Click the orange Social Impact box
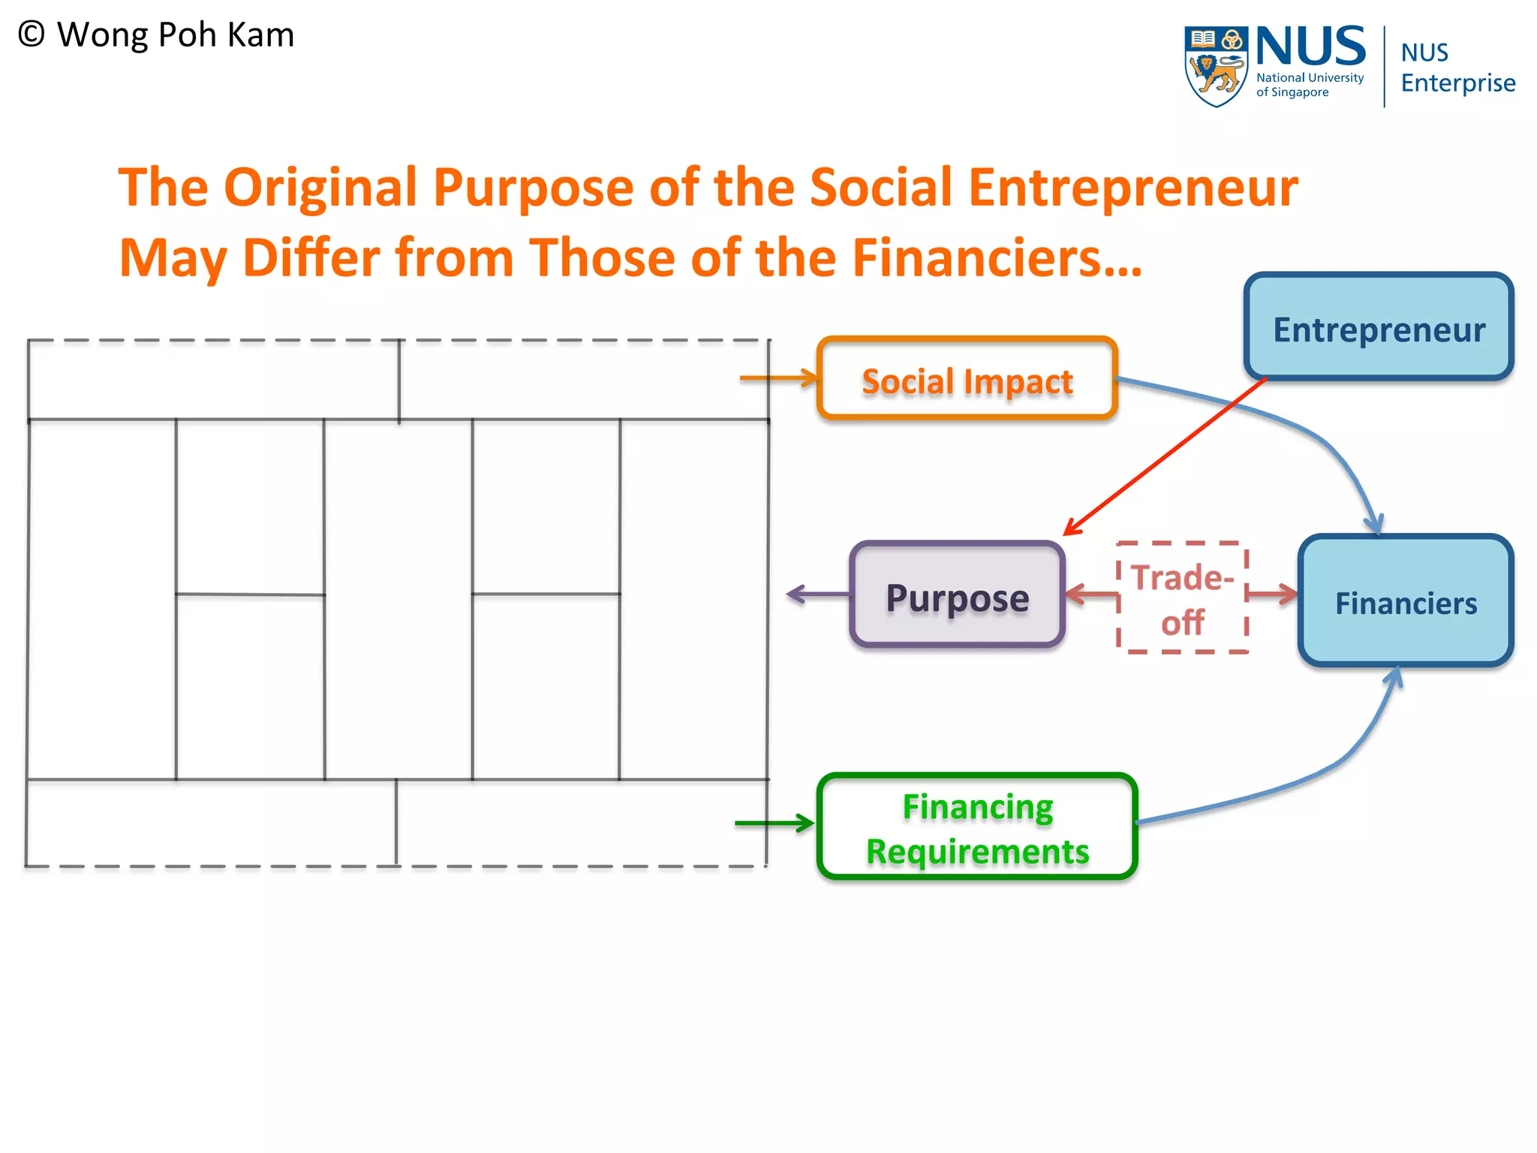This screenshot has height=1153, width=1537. tap(967, 378)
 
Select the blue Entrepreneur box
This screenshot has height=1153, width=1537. tap(1378, 327)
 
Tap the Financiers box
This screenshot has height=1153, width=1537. tap(1406, 601)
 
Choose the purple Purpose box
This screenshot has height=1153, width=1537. tap(958, 595)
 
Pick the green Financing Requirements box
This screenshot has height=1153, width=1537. tap(977, 826)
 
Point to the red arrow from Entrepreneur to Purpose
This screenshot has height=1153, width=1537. tap(1163, 458)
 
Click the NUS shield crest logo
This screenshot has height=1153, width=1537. tap(1215, 66)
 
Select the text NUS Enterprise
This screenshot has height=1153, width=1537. tap(1457, 68)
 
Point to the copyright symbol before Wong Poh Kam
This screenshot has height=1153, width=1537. tap(32, 35)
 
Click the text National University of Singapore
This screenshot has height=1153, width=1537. tap(1310, 85)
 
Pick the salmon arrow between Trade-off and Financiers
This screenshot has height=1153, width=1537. tap(1273, 595)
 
